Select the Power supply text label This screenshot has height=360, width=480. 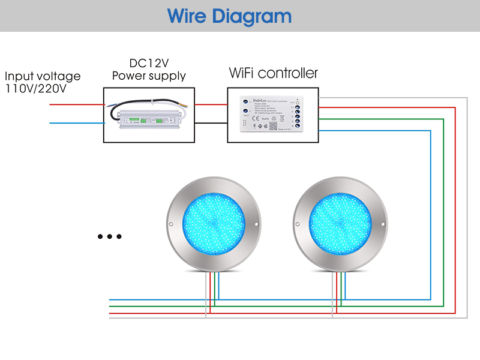click(149, 76)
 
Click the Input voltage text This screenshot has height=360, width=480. click(42, 76)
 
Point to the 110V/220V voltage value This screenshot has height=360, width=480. click(35, 89)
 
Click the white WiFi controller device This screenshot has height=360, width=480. click(272, 115)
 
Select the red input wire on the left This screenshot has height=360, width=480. click(76, 104)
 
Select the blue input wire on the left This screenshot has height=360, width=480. click(76, 123)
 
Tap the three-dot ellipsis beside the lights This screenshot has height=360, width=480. click(110, 236)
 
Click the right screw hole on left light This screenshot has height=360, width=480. click(257, 225)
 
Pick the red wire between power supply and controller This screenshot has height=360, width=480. click(211, 104)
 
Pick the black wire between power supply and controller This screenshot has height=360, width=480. click(211, 124)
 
